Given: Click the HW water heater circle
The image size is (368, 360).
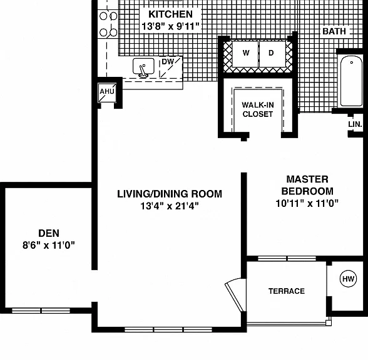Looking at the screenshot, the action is [x=348, y=279].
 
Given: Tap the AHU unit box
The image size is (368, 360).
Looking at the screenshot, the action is [x=107, y=92].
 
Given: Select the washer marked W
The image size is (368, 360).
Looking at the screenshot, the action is [x=245, y=54].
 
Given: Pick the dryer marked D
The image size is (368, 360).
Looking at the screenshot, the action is [x=272, y=54].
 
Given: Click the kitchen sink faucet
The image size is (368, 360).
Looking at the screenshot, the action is [x=143, y=71].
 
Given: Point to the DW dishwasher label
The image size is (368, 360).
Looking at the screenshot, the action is [x=168, y=62].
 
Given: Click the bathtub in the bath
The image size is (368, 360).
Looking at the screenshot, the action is [x=351, y=81].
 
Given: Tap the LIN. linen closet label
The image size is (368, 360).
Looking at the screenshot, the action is [x=355, y=124].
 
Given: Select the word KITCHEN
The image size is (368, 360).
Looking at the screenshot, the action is [x=171, y=14].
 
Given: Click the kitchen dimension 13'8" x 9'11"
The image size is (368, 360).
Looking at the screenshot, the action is [x=171, y=26].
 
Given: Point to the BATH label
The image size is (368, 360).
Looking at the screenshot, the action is [x=334, y=31].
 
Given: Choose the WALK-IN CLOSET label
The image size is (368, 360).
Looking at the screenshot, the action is [x=258, y=109].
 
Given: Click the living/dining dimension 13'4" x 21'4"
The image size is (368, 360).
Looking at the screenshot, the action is [x=170, y=206].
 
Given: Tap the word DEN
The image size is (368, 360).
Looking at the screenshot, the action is [x=49, y=234].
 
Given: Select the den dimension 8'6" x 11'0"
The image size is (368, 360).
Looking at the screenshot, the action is [x=49, y=246].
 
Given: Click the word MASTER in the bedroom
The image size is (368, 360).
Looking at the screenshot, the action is [x=307, y=179].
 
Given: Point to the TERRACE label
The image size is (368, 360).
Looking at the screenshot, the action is [x=287, y=291].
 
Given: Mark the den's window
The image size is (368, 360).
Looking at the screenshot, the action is [x=41, y=311].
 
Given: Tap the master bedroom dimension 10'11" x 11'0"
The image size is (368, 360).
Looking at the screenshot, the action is [x=307, y=204].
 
